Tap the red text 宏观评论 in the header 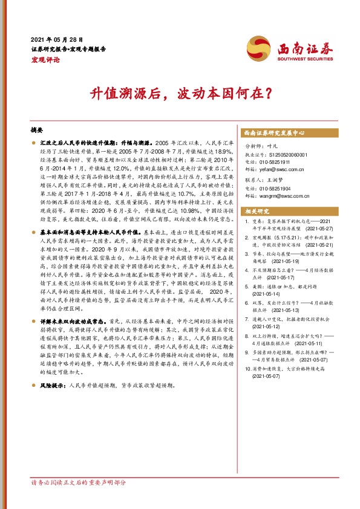tap(45, 59)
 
